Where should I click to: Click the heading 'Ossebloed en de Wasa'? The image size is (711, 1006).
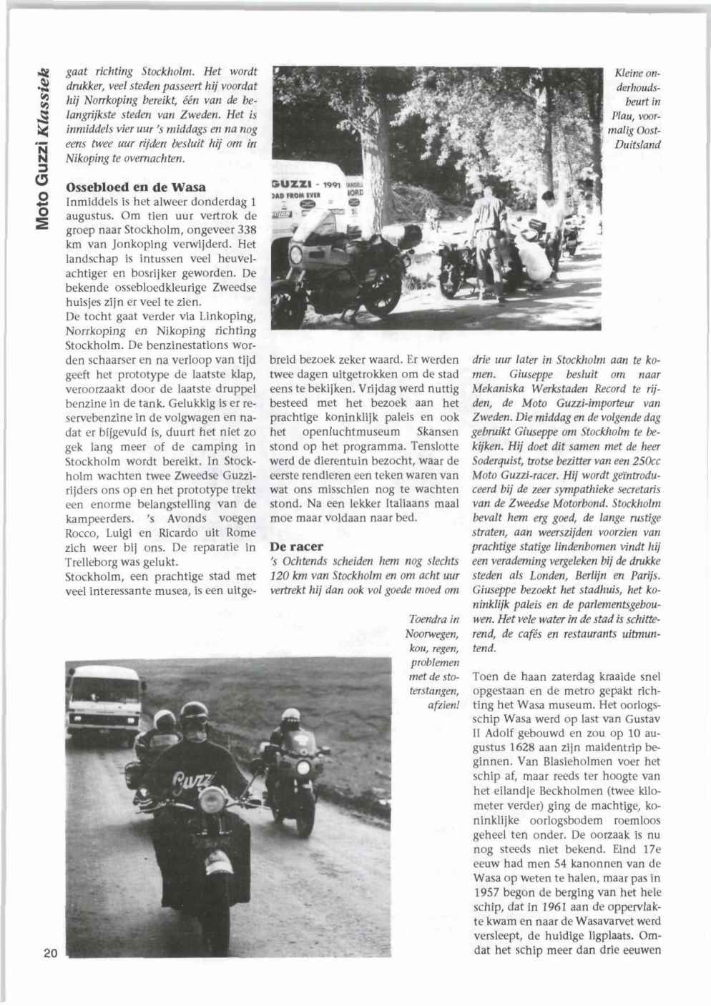point(136,187)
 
